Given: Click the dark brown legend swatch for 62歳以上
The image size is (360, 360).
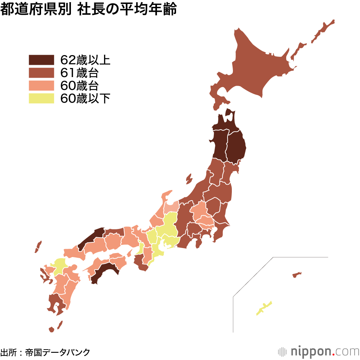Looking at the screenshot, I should (41, 60).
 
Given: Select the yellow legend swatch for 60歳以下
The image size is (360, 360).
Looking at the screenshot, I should (41, 98).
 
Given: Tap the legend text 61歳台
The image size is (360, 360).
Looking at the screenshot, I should (80, 73).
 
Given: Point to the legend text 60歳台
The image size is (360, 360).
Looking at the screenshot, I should (80, 86).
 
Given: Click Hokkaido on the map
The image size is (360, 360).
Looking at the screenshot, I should (259, 68).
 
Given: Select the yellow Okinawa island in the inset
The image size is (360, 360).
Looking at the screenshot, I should (264, 308).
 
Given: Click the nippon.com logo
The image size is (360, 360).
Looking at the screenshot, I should (319, 351).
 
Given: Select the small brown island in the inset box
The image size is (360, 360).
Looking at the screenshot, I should (297, 275).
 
